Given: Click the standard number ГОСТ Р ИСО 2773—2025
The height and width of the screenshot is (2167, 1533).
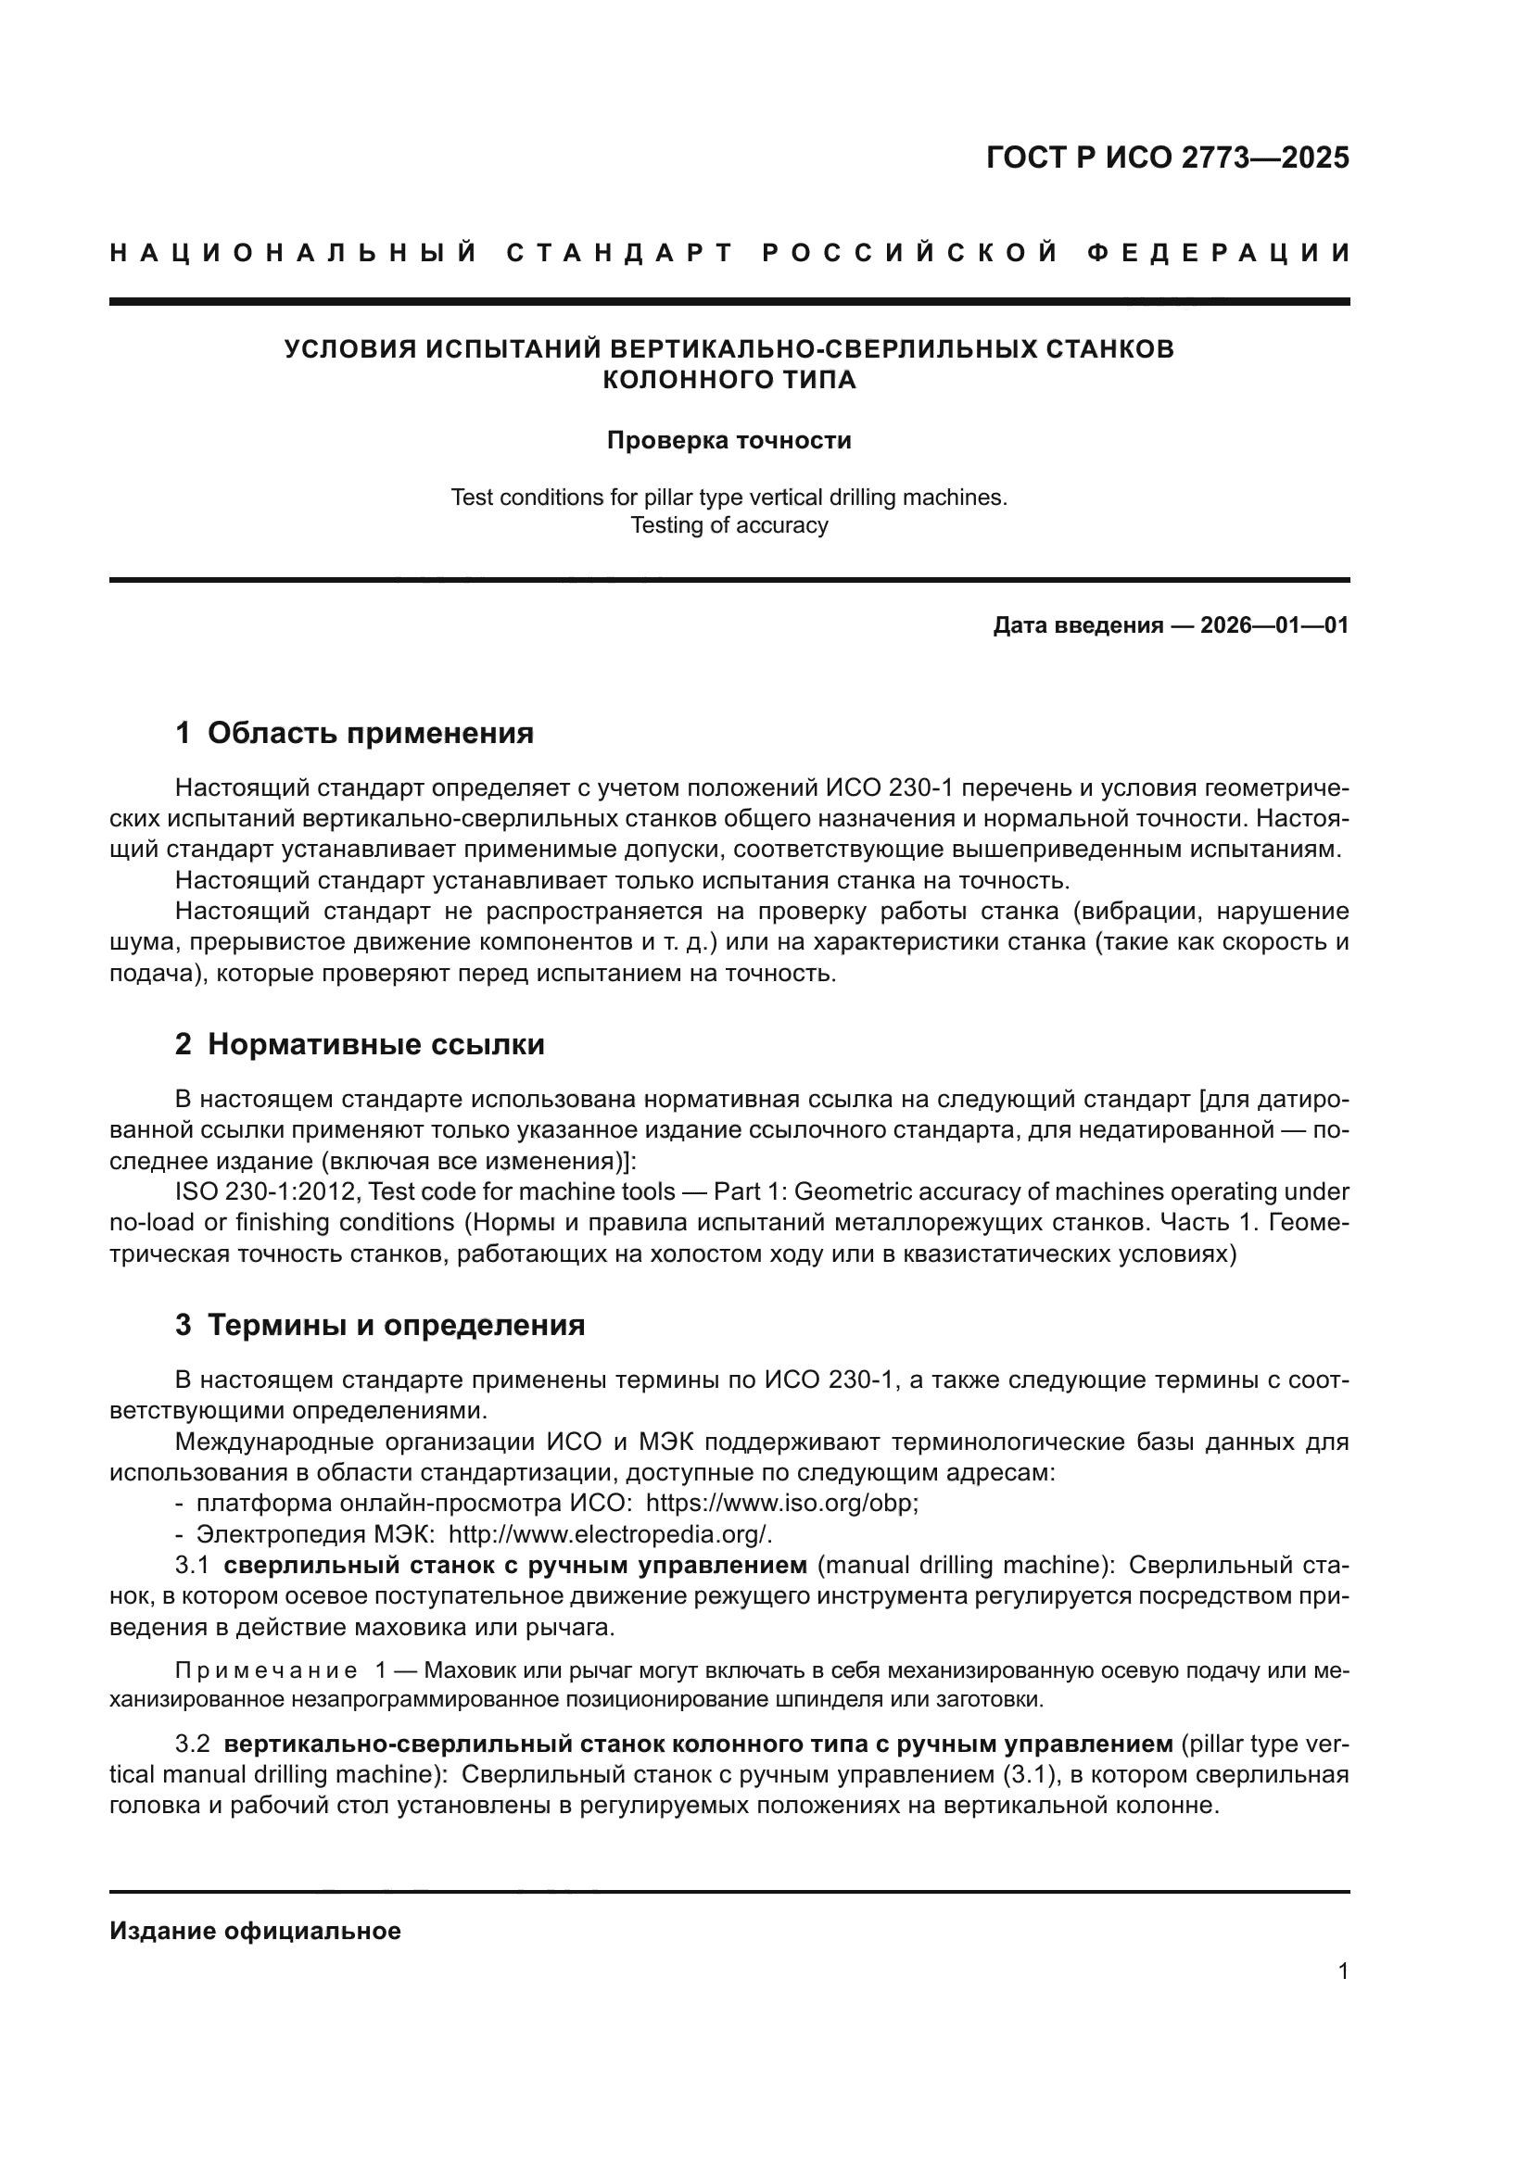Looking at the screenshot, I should pos(1167,157).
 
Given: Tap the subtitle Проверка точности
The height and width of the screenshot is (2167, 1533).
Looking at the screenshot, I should pos(728,441).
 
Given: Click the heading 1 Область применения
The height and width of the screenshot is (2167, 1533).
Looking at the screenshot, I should pos(355,734).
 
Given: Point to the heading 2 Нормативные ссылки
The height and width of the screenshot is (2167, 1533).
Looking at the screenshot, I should pos(360,1045).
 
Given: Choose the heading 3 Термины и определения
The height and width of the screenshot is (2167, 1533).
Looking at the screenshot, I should pos(379,1325).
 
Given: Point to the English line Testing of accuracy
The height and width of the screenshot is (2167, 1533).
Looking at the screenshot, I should pos(728,525).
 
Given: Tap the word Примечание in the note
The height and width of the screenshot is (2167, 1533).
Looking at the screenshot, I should pos(266,1671).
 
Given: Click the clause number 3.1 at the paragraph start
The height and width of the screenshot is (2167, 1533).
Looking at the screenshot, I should pos(192,1566).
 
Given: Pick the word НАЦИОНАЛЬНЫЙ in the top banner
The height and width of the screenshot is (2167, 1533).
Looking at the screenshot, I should pos(294,253).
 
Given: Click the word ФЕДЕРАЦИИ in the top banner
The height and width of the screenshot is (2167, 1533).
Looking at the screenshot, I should pos(1219,253).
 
